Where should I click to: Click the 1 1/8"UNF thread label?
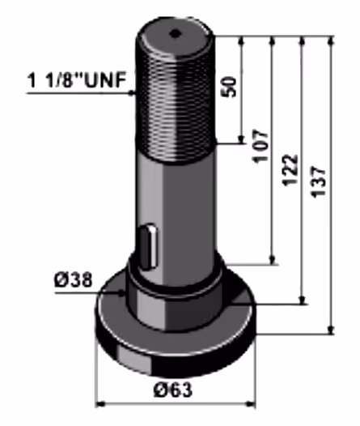click(x=77, y=80)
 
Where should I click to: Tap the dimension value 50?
click(x=229, y=87)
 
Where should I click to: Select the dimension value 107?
click(x=260, y=146)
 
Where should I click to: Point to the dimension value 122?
click(x=290, y=170)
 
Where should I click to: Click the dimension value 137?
click(x=318, y=181)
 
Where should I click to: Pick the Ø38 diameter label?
click(x=74, y=280)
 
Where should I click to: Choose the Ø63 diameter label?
click(x=173, y=390)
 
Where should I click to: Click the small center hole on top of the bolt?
click(x=175, y=34)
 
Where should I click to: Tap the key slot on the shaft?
click(x=148, y=247)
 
